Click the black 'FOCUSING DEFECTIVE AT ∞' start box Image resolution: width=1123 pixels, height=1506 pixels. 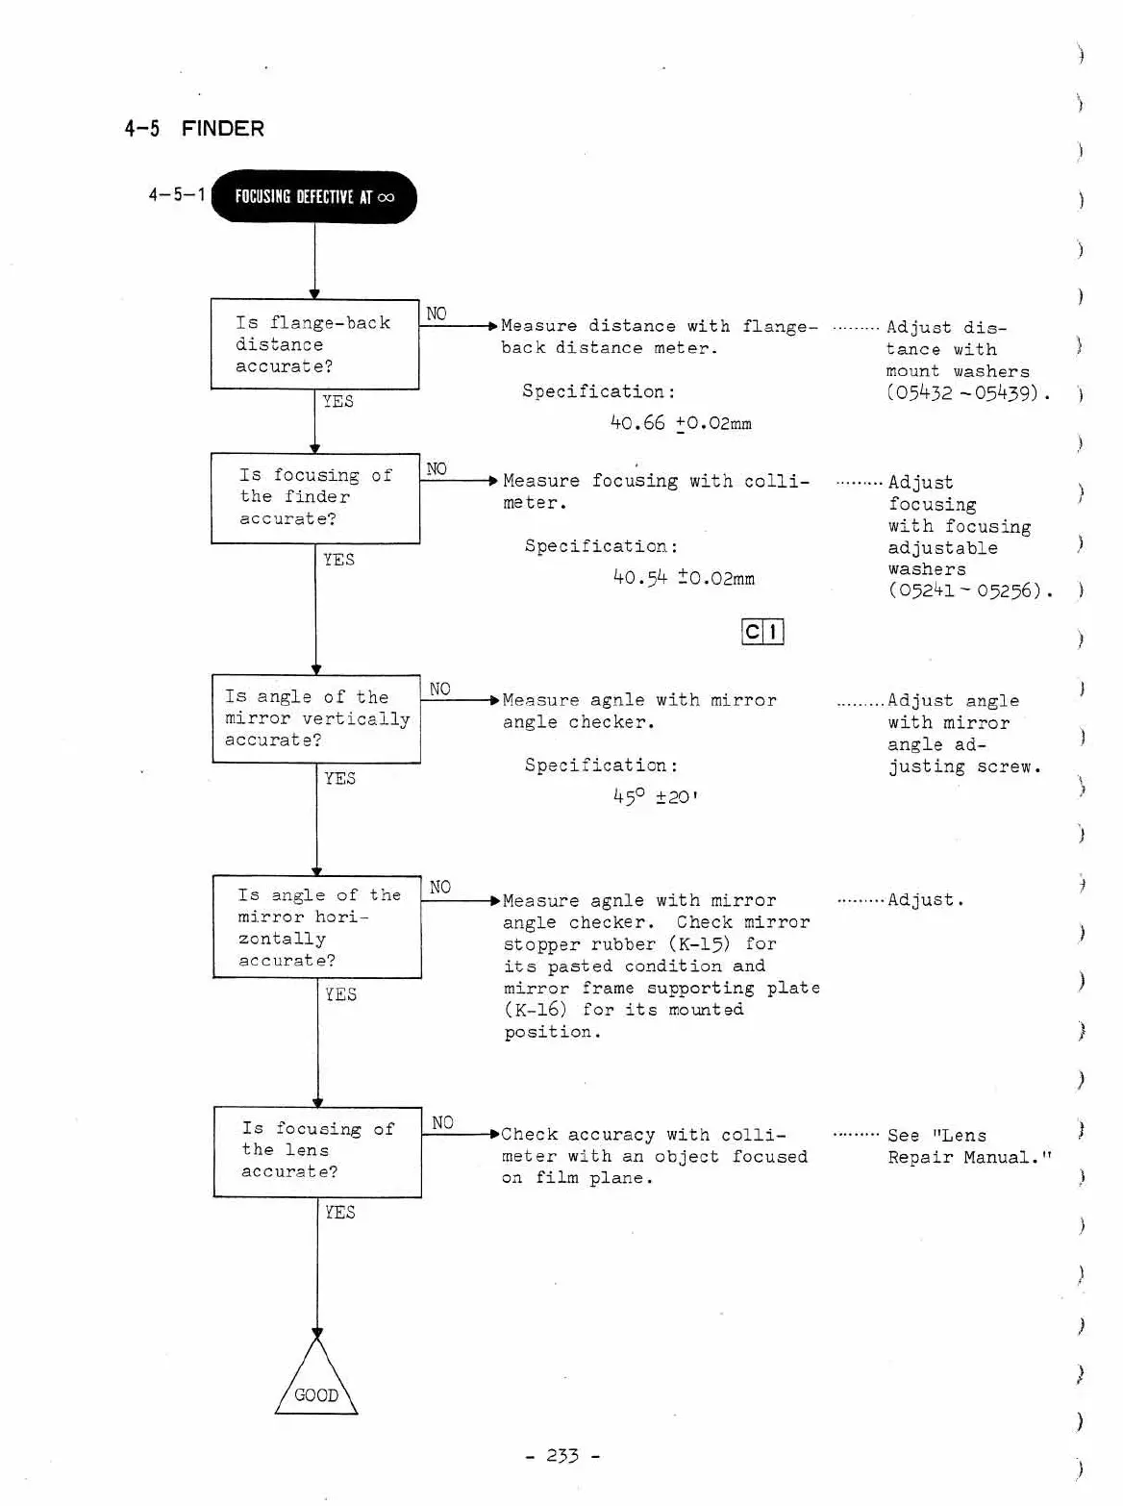point(313,197)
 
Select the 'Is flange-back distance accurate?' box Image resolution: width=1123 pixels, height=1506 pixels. point(314,344)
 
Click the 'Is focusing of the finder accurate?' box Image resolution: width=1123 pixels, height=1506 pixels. point(315,497)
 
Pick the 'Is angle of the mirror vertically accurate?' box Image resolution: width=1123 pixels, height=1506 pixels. point(316,718)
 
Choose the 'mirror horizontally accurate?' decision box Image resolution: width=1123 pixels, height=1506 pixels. point(317,927)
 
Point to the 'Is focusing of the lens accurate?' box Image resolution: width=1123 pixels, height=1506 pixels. point(317,1151)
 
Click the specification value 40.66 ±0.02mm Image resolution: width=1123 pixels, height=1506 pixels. point(681,423)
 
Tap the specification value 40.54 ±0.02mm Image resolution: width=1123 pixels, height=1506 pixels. point(684,578)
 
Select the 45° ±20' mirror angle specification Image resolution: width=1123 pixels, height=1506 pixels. point(655,797)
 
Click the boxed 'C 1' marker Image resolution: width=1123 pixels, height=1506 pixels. point(763,632)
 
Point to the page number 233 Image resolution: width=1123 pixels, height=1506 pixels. point(562,1456)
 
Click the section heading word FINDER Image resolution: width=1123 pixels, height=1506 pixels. point(222,129)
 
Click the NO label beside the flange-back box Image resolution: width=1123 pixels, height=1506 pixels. point(437,314)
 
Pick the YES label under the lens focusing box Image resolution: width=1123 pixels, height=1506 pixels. point(339,1213)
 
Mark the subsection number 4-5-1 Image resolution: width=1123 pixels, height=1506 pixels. point(177,195)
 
